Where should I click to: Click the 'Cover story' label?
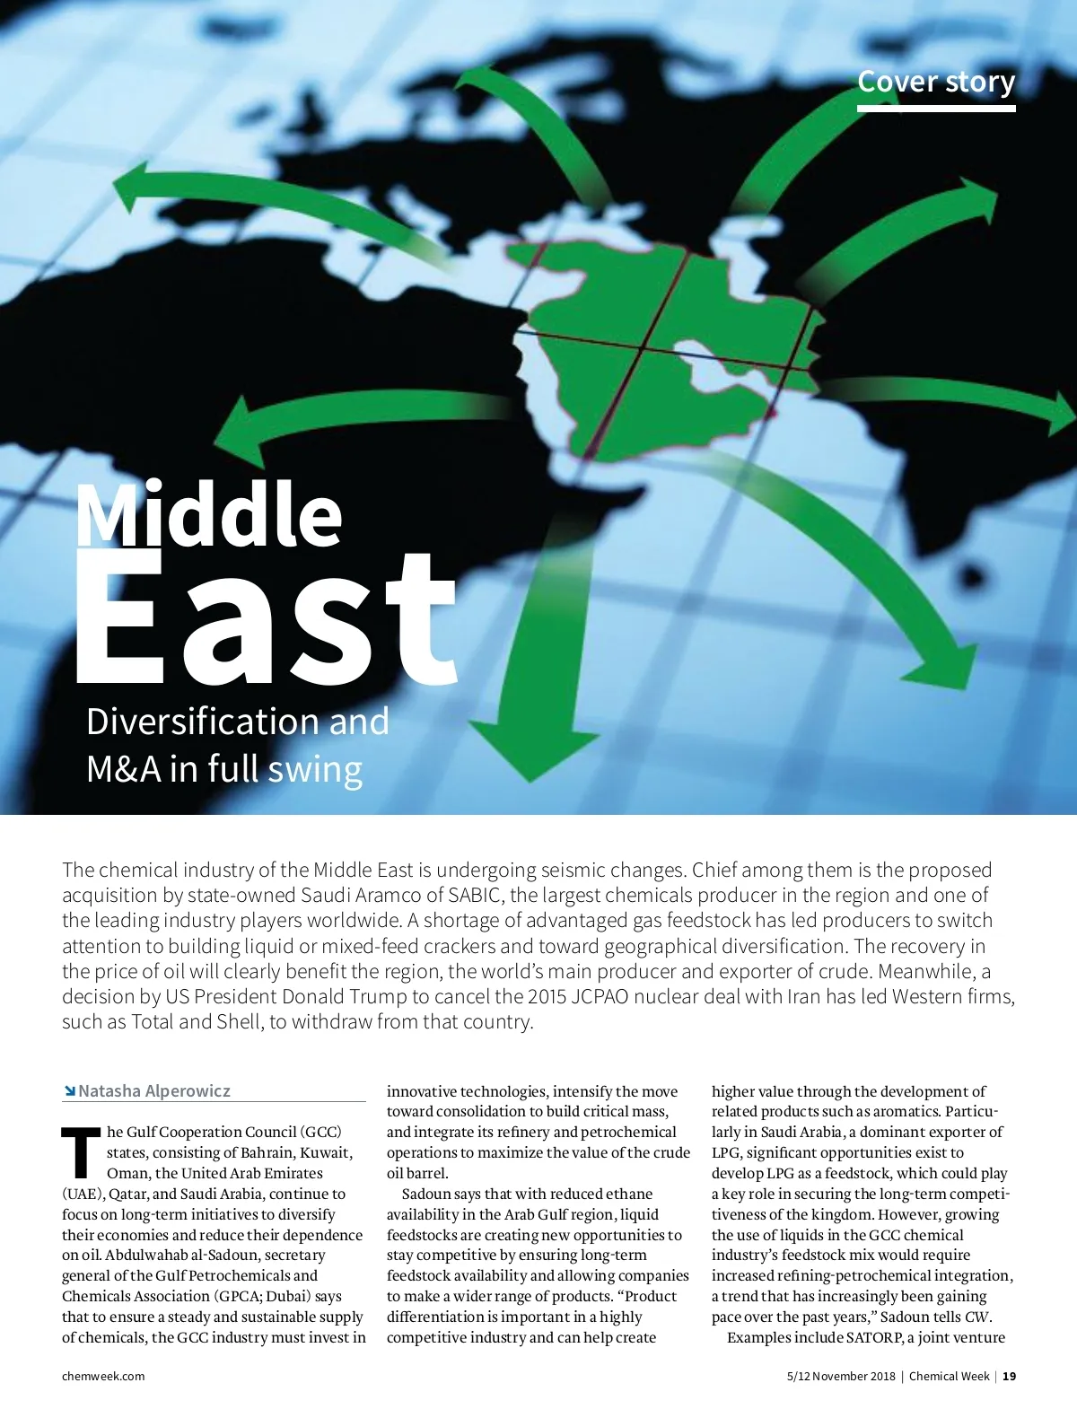coord(935,82)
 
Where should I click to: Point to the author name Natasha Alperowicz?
coord(154,1090)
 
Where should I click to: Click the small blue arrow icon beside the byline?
coord(68,1091)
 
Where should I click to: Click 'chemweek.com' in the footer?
coord(103,1376)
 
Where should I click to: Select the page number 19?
coord(1010,1376)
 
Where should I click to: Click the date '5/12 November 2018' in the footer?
coord(841,1376)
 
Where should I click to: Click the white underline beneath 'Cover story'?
coord(935,109)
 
